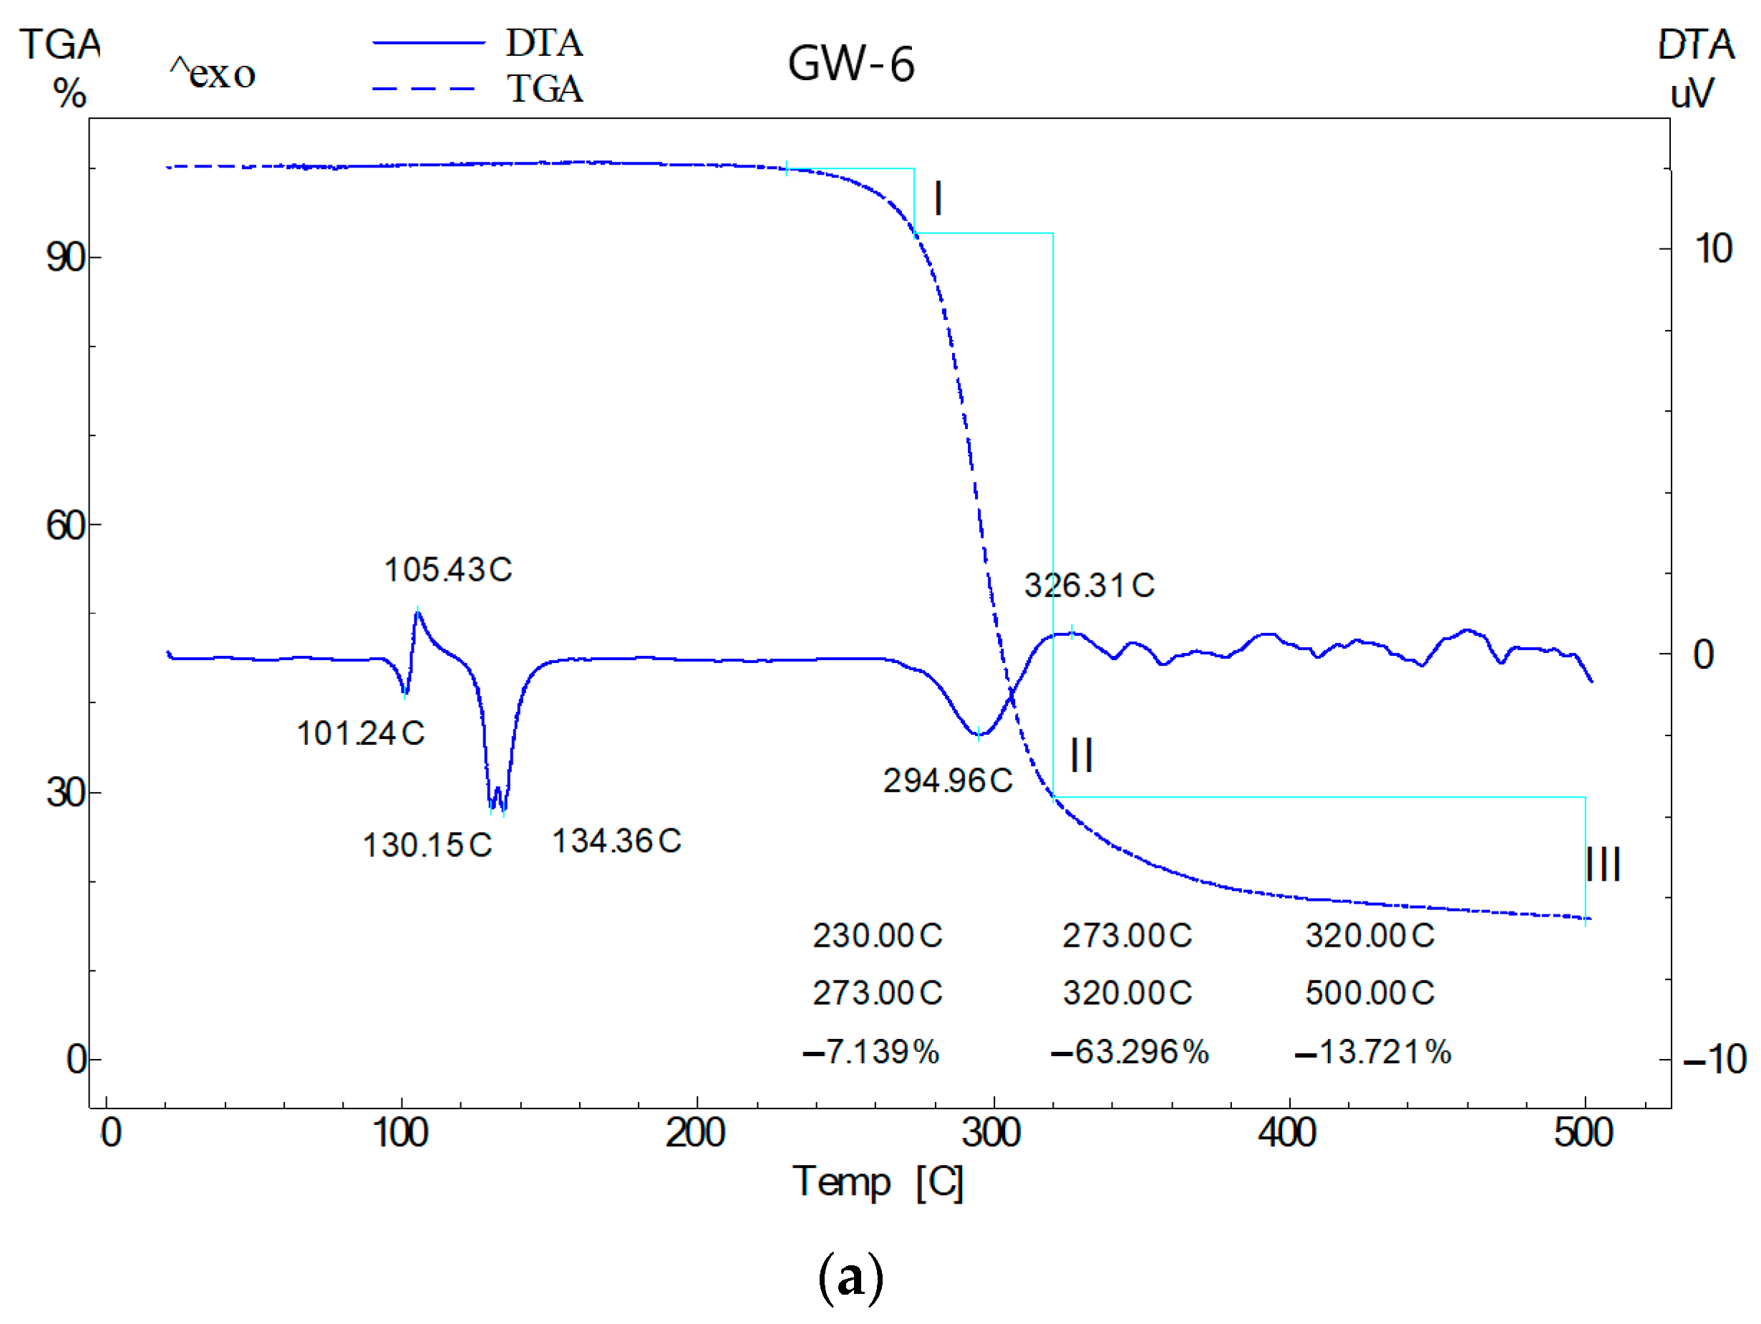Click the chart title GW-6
(850, 64)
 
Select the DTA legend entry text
(545, 43)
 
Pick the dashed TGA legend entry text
(545, 88)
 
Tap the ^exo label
(213, 74)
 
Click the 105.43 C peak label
(448, 570)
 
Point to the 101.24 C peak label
(361, 733)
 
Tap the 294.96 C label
(947, 781)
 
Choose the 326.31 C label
(1089, 586)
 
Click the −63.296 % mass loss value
(1129, 1053)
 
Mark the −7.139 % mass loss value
(871, 1053)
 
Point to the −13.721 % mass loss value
(1372, 1053)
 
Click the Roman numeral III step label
(1603, 864)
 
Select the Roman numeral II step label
(1081, 755)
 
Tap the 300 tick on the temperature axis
(992, 1133)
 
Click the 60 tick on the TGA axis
(65, 526)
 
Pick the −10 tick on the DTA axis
(1714, 1060)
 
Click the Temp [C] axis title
(878, 1182)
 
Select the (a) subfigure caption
(850, 1276)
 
